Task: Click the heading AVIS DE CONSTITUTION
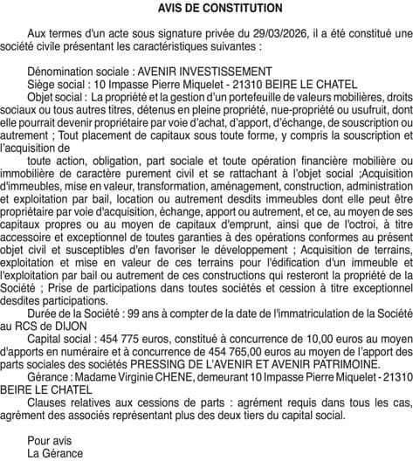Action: pos(207,8)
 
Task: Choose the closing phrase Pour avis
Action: pos(49,440)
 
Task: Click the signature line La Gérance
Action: pos(55,453)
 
